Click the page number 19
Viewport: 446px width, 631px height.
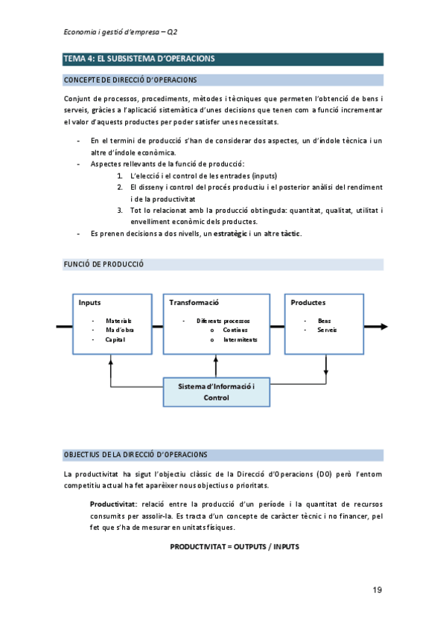(377, 590)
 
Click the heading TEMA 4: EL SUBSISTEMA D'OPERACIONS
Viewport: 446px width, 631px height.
(140, 60)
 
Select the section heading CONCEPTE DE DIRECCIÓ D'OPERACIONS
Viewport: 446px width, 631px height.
(131, 80)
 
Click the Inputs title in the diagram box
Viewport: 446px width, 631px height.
(90, 303)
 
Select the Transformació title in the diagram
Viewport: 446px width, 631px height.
(194, 303)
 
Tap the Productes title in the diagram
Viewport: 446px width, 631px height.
(308, 303)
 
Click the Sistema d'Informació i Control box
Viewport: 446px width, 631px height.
(216, 392)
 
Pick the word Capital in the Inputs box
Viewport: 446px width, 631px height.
(115, 339)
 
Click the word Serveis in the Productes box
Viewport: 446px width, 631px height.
(327, 330)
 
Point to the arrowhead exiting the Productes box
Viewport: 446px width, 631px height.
(383, 326)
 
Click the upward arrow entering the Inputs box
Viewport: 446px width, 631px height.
(110, 360)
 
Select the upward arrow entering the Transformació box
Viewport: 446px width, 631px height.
(216, 360)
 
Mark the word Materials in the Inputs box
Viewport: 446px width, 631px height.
(118, 321)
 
